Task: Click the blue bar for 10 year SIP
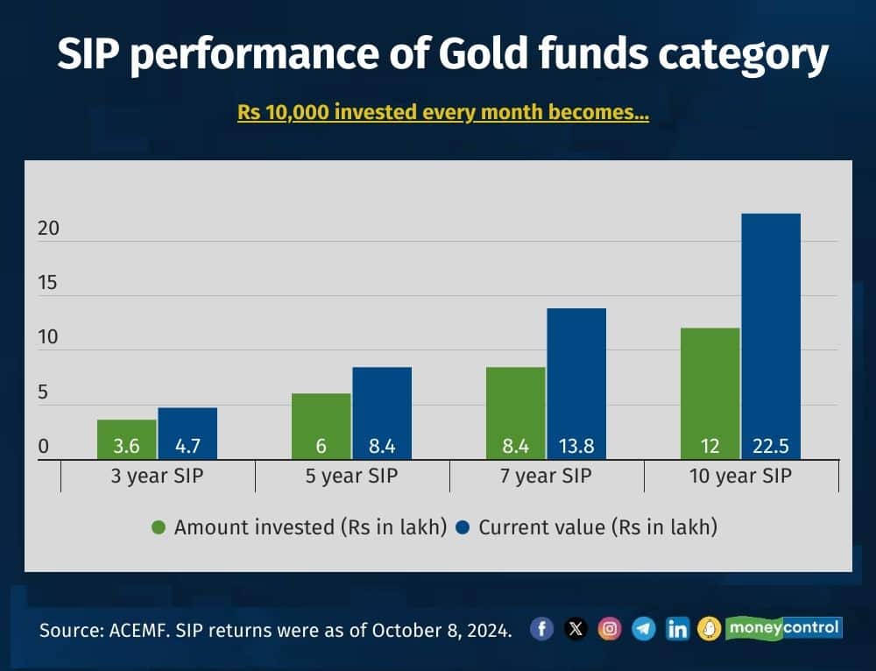[770, 336]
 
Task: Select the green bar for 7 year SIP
[516, 413]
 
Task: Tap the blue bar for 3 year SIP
[187, 434]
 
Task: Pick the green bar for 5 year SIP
[321, 427]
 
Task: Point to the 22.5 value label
[770, 446]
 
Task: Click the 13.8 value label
[576, 446]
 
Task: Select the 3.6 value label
[126, 446]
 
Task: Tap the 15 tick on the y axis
[48, 283]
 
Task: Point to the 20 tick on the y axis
[48, 229]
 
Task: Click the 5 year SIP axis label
[351, 476]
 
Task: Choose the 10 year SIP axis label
[740, 476]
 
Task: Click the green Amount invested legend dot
[159, 527]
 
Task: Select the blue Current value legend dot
[463, 527]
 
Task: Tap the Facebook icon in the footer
[541, 629]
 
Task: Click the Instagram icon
[610, 629]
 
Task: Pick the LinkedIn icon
[677, 629]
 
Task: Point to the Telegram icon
[644, 629]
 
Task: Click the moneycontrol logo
[783, 628]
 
